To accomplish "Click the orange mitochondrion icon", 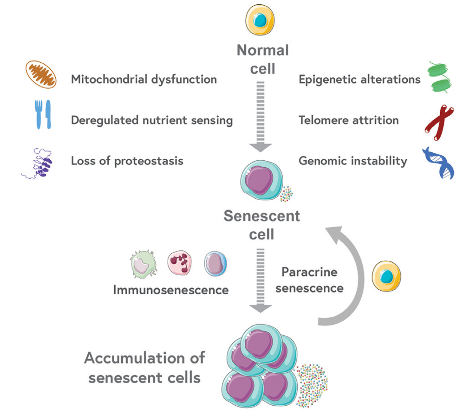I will click(x=41, y=74).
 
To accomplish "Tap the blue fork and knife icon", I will click(x=43, y=114).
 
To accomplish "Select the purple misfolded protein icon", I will click(x=40, y=163).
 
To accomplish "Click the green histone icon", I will click(x=439, y=77).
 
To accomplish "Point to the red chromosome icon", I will click(x=439, y=122).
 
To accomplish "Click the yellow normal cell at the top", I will click(x=260, y=20).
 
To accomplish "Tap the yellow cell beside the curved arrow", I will click(x=386, y=276).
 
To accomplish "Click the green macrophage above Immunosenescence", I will click(x=143, y=264).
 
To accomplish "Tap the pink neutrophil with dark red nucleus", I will click(x=179, y=263).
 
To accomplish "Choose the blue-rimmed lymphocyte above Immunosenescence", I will click(x=215, y=264).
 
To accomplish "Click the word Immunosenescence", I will click(x=171, y=290).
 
